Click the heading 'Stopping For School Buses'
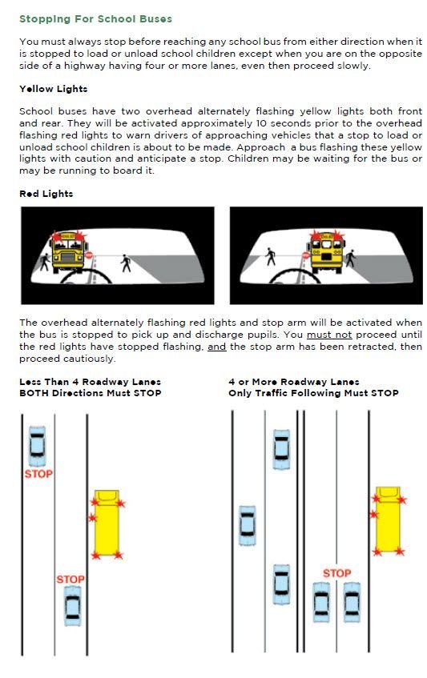pos(95,19)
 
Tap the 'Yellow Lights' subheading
pos(53,89)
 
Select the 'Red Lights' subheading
pos(46,194)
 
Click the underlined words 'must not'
pos(329,335)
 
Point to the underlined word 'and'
pos(217,347)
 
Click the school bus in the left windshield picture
pos(68,251)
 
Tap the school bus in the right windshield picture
pos(326,251)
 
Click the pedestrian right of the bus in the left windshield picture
pos(126,263)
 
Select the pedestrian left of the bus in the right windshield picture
pos(271,256)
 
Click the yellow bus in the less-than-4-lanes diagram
pos(107,523)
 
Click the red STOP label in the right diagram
pos(337,573)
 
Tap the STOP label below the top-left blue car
pos(38,474)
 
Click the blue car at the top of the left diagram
pos(37,446)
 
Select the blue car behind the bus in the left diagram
pos(73,606)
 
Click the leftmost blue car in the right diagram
pos(248,526)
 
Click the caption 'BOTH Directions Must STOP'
pos(91,393)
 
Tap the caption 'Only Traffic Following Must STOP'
pos(314,393)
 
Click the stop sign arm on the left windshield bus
pos(89,255)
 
